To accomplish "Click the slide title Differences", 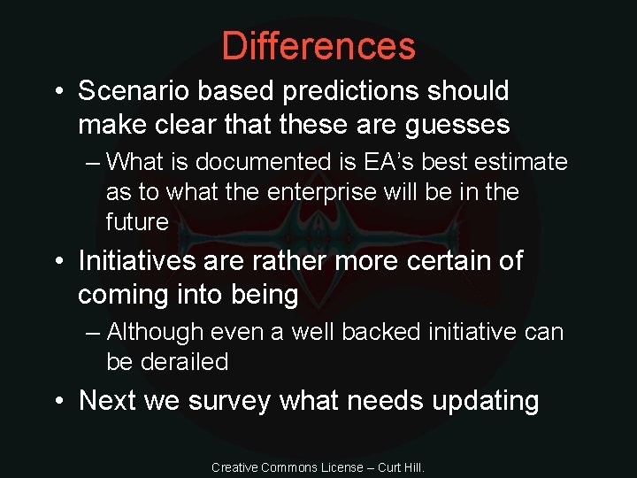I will coord(318,46).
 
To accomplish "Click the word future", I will coord(137,221).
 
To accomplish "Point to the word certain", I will coord(438,261).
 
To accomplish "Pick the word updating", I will coord(486,401).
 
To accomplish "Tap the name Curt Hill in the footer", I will coord(401,466).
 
